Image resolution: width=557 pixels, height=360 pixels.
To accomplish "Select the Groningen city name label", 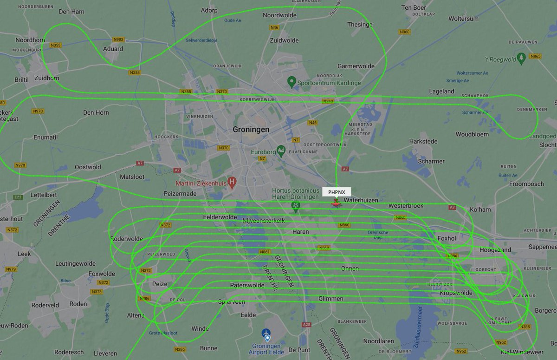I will coord(251,130).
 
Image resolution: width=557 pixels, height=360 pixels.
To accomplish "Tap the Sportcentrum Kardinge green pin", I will coord(291,82).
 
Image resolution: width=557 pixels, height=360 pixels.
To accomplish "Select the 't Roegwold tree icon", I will coord(521,58).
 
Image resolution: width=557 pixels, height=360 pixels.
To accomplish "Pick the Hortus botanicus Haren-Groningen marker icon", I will coord(295,205).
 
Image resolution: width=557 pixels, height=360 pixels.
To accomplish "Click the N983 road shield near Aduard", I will coord(118,40).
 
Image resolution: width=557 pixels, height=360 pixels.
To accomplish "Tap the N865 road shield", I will coord(536,57).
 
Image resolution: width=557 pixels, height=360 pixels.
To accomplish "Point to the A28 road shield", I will coord(306,325).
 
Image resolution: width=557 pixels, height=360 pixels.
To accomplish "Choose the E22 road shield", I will coord(18,197).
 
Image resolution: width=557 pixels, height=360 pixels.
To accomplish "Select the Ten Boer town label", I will coord(413,8).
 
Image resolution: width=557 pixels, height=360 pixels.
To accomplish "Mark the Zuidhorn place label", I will coord(47,78).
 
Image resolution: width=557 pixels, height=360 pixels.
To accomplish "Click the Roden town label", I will coord(78,304).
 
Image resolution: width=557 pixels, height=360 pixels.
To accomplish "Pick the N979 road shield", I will coord(11,269).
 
